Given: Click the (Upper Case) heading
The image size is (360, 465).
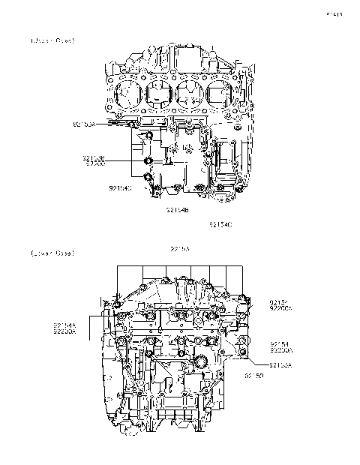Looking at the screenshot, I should pyautogui.click(x=52, y=39).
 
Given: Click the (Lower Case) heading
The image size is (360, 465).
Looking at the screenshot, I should pyautogui.click(x=52, y=253).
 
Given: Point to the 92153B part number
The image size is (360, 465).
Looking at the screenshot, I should pyautogui.click(x=94, y=157).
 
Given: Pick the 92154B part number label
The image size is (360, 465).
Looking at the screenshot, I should pyautogui.click(x=178, y=211).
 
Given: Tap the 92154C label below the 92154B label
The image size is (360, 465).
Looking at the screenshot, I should pyautogui.click(x=220, y=224).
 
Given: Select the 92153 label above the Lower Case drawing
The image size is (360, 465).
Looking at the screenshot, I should pyautogui.click(x=180, y=247).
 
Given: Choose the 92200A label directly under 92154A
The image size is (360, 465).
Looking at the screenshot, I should pyautogui.click(x=64, y=330).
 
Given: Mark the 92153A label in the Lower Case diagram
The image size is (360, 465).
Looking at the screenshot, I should pyautogui.click(x=280, y=364).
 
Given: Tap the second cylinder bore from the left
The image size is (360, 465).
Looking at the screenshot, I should pyautogui.click(x=160, y=94).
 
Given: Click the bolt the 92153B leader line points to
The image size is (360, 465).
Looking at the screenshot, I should pyautogui.click(x=147, y=160).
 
